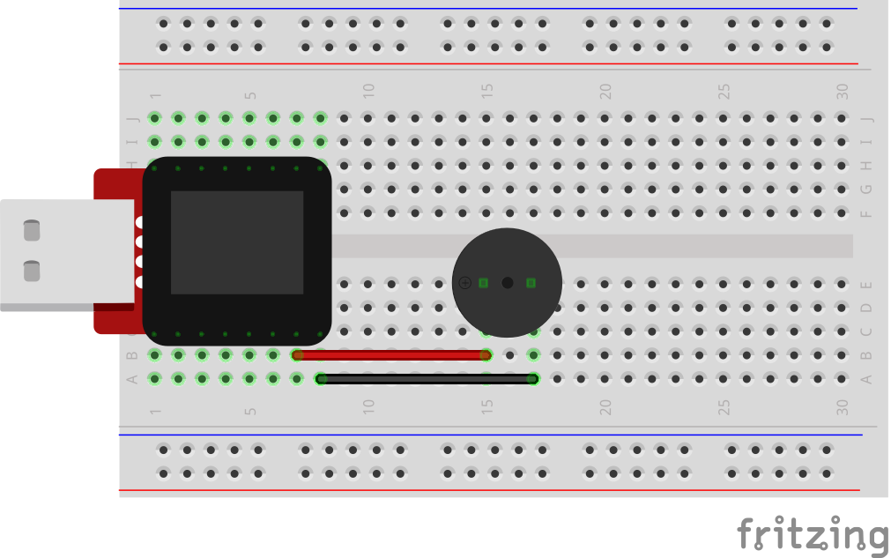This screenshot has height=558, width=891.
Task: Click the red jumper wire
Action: pyautogui.click(x=391, y=355)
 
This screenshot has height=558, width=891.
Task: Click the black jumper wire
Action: pyautogui.click(x=427, y=379)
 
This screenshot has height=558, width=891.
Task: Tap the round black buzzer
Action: pyautogui.click(x=507, y=282)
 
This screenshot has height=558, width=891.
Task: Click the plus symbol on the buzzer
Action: pyautogui.click(x=464, y=282)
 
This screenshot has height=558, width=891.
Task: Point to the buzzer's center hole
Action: pyautogui.click(x=508, y=282)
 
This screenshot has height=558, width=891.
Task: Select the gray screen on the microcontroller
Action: pyautogui.click(x=237, y=242)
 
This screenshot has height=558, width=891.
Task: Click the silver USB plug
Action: pyautogui.click(x=67, y=255)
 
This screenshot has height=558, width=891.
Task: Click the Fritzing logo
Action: pyautogui.click(x=813, y=533)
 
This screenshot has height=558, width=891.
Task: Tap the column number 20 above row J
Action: pyautogui.click(x=605, y=91)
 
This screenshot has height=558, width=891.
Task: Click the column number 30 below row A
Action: pyautogui.click(x=843, y=407)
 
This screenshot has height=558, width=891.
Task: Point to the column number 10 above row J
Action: pyautogui.click(x=368, y=91)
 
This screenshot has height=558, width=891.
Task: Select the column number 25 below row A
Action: pyautogui.click(x=724, y=407)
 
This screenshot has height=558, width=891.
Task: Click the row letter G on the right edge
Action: pyautogui.click(x=866, y=190)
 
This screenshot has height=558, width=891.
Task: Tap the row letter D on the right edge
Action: pyautogui.click(x=866, y=308)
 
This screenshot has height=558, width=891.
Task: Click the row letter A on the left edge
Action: pyautogui.click(x=132, y=379)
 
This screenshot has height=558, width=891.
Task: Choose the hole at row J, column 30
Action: pyautogui.click(x=842, y=118)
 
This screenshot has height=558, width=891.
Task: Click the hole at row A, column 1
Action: pyautogui.click(x=154, y=378)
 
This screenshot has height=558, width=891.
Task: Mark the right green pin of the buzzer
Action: pyautogui.click(x=531, y=282)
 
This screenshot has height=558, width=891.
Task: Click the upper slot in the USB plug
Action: pyautogui.click(x=32, y=230)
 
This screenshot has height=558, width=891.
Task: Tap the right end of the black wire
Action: pyautogui.click(x=534, y=379)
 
